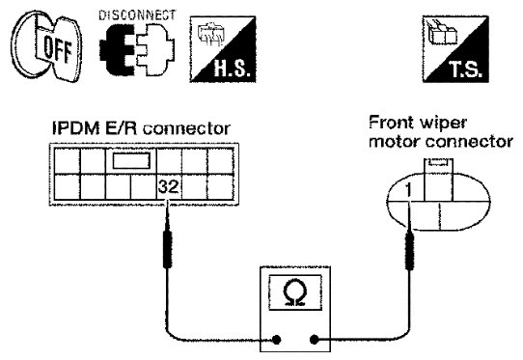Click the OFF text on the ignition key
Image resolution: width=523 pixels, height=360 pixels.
(x=57, y=48)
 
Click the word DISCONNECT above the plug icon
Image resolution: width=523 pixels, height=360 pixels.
(x=137, y=15)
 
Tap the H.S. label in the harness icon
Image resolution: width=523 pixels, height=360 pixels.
(x=232, y=69)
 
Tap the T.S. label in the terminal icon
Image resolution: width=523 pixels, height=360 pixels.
(x=465, y=69)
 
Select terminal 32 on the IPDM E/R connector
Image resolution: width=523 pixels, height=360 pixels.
(x=169, y=187)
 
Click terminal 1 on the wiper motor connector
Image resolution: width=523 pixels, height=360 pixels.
(x=408, y=190)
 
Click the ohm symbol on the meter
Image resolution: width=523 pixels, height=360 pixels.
(x=294, y=292)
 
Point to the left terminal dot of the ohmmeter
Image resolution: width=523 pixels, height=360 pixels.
(x=276, y=340)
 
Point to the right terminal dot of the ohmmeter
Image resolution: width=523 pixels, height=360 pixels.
(x=314, y=340)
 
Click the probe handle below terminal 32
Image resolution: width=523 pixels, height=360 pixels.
(x=168, y=249)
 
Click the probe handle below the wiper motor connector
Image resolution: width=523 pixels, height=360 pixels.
(x=409, y=251)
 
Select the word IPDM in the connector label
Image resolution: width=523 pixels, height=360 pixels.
(x=76, y=128)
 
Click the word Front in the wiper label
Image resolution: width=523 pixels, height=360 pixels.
(x=391, y=123)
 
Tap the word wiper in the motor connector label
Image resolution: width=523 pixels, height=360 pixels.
(x=442, y=124)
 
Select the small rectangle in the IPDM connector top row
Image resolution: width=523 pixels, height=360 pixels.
(x=131, y=160)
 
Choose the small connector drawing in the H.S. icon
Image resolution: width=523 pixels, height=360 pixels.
(x=209, y=34)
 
